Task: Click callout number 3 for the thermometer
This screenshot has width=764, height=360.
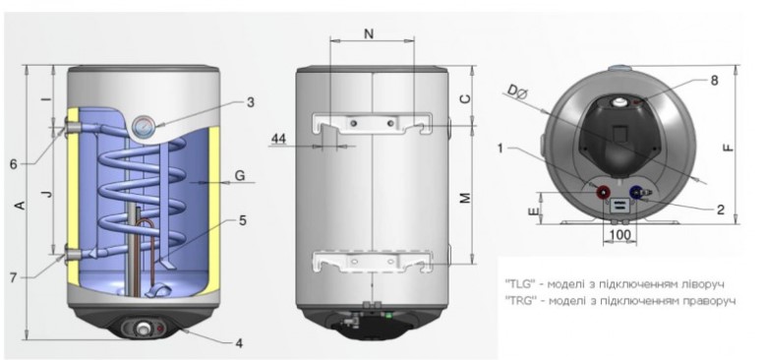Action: (x=251, y=102)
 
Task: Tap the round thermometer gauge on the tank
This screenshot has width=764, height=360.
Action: (x=144, y=125)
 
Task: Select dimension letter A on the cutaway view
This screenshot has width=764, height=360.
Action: (x=20, y=206)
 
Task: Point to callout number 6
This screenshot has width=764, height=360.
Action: (x=13, y=164)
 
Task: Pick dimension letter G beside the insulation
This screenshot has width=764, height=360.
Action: (x=240, y=175)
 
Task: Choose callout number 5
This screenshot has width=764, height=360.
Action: (x=242, y=220)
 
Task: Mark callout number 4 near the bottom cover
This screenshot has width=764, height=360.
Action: (x=239, y=343)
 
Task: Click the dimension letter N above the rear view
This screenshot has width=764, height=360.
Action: (x=370, y=33)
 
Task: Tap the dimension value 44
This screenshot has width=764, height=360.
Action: (x=278, y=139)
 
